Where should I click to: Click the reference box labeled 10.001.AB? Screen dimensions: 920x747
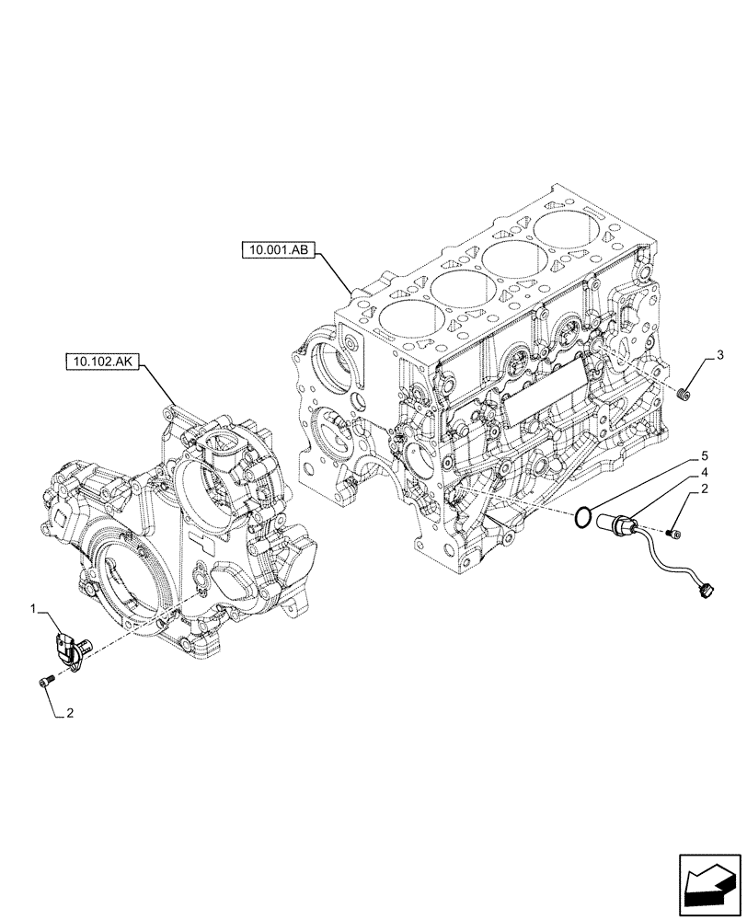click(x=281, y=248)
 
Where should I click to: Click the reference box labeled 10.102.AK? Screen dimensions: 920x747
click(x=101, y=362)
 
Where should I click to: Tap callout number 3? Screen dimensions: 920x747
click(x=721, y=355)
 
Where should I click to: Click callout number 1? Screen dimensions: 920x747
click(x=33, y=609)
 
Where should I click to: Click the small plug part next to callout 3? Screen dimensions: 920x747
click(x=684, y=395)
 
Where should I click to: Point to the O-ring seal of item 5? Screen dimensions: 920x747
click(x=581, y=520)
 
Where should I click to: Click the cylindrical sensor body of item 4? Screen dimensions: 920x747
click(x=614, y=525)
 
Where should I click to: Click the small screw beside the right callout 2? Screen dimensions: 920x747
click(x=677, y=535)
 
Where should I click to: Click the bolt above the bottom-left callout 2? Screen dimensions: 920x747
click(x=47, y=682)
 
